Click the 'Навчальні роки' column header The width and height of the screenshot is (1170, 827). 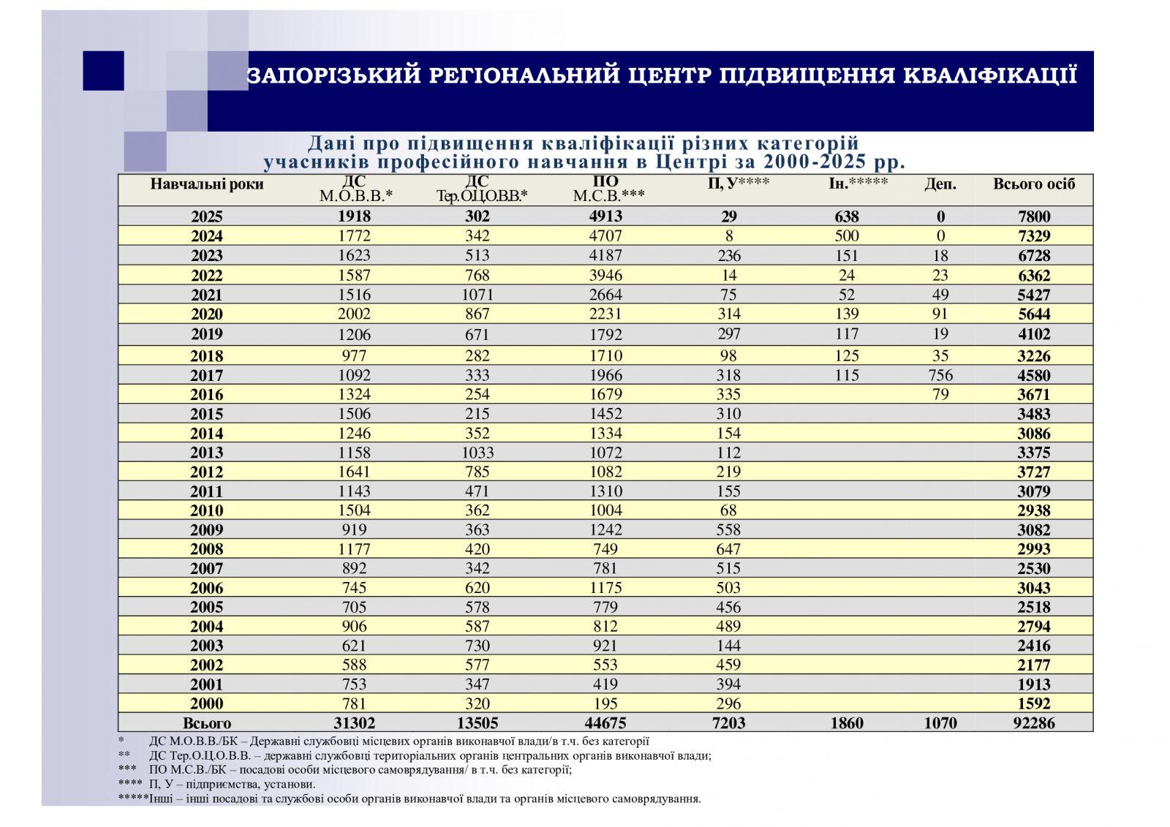coord(207,184)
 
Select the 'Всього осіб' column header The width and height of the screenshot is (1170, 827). coord(1033,184)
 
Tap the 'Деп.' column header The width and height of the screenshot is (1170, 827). coord(940,184)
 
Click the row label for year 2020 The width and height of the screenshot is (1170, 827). coord(207,314)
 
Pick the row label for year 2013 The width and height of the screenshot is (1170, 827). coord(207,453)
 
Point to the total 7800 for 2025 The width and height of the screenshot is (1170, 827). coord(1033,216)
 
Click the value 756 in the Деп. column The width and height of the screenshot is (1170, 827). coord(940,375)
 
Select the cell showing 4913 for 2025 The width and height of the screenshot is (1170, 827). coord(605,216)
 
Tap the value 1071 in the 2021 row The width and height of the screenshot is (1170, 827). coord(477,295)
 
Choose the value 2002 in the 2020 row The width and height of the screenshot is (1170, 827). coord(354,314)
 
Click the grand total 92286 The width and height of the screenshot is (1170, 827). coord(1033,723)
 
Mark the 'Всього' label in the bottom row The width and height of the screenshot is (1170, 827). coord(207,723)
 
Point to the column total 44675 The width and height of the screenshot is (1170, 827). coord(605,723)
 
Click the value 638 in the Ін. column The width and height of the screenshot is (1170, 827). coord(847,216)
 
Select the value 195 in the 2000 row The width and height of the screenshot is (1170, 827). coord(605,703)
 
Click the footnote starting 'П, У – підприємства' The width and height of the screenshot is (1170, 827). coord(233,784)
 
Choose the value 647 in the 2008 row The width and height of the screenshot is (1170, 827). coord(728,549)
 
